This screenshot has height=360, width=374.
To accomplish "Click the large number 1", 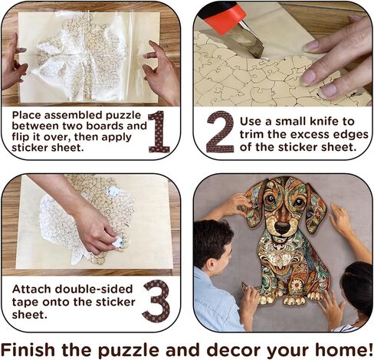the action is click(x=159, y=132).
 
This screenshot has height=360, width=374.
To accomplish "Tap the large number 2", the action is click(x=220, y=132).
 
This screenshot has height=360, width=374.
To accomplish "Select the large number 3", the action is click(x=156, y=301).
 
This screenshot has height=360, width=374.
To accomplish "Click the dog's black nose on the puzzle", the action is click(x=282, y=227).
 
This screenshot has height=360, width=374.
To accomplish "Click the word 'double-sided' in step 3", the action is click(x=93, y=290).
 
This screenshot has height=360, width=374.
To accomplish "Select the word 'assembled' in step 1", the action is click(x=74, y=116).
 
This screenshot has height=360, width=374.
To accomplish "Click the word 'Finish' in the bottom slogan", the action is click(x=28, y=349).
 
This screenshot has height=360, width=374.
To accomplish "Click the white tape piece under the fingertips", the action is click(x=118, y=242).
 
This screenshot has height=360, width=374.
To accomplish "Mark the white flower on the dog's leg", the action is click(x=297, y=284).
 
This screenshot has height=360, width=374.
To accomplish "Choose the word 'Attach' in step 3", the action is click(x=31, y=290).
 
